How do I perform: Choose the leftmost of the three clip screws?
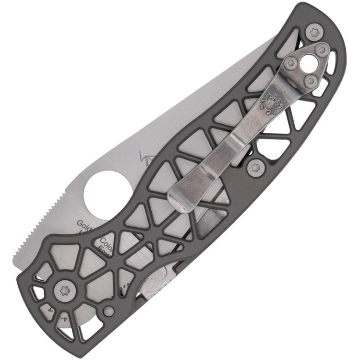click(x=290, y=63)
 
